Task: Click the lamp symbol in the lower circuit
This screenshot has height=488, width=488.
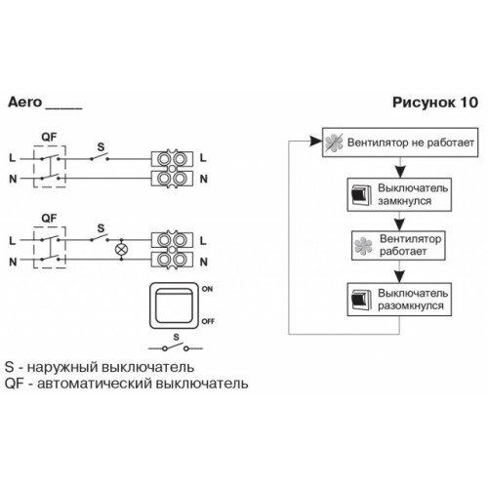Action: [121, 250]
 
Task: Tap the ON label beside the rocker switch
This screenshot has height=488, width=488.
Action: [207, 289]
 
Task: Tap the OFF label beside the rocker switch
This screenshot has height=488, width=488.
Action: [208, 321]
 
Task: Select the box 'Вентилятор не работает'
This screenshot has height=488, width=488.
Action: [400, 142]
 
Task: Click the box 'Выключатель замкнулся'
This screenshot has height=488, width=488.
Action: [399, 194]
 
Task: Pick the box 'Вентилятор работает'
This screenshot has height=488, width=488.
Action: [398, 245]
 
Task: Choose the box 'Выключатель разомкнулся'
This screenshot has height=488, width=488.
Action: [399, 300]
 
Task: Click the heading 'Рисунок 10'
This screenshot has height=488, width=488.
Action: [435, 102]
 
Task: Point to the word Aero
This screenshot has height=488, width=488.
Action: [25, 102]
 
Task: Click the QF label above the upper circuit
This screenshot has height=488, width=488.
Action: [49, 137]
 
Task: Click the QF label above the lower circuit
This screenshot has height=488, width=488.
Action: [49, 218]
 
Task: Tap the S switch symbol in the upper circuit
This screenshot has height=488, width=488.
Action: [100, 156]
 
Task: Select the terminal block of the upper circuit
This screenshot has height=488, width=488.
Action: [172, 169]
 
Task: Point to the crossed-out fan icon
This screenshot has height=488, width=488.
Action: [334, 142]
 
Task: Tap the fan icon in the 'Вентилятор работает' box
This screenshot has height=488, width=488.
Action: [363, 246]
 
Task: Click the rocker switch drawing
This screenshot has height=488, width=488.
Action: [174, 305]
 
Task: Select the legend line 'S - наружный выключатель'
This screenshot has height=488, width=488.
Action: [100, 367]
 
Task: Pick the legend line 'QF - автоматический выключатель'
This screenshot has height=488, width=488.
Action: [126, 384]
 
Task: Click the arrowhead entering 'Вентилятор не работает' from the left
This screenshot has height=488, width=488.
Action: [316, 142]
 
